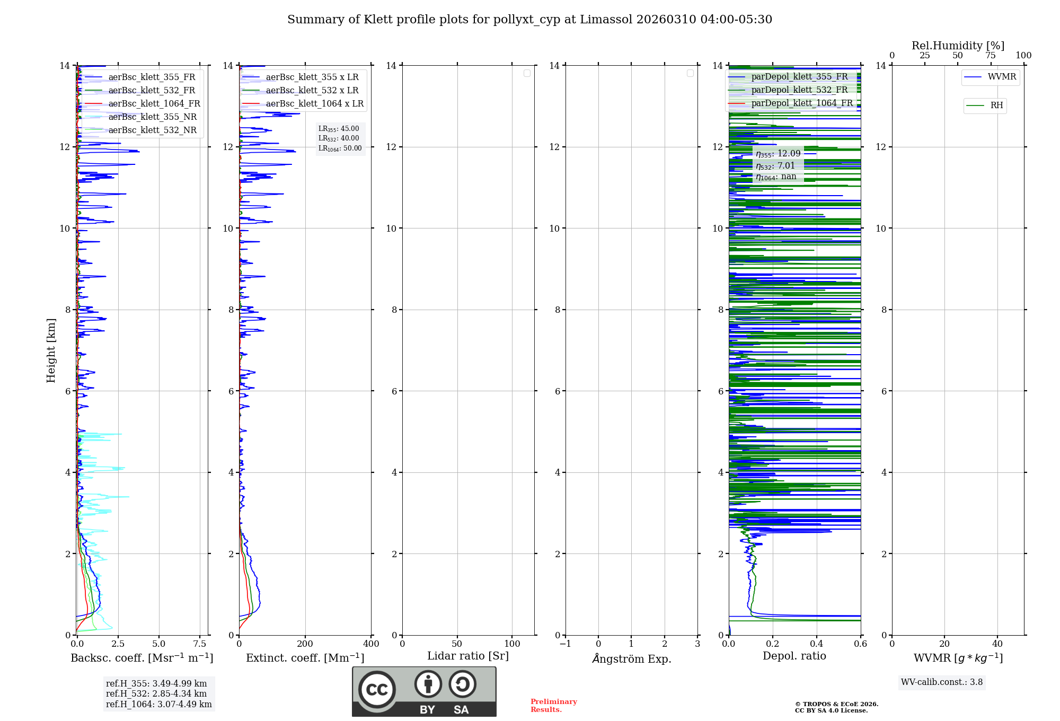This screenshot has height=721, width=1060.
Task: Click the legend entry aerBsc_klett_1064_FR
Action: [154, 104]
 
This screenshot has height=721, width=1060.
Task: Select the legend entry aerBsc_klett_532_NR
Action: [152, 130]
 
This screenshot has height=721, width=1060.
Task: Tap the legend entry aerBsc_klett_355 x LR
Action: [312, 77]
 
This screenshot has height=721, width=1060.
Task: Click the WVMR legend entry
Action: [1001, 77]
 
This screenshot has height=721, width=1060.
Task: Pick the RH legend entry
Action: [996, 105]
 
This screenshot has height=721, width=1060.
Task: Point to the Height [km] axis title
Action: [51, 350]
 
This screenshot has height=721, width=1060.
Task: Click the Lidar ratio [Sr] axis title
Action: [467, 656]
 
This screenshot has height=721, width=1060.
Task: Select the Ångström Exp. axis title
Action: [631, 659]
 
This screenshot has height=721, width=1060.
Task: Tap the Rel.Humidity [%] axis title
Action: [958, 46]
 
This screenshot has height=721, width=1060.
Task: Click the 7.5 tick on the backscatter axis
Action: [200, 644]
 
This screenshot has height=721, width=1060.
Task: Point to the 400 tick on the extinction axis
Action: [371, 644]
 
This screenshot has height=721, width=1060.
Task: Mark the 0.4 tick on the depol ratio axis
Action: [817, 644]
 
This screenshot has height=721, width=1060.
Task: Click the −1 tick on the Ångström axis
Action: [566, 644]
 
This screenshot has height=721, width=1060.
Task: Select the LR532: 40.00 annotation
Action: [339, 138]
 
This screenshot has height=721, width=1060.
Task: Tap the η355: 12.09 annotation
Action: [778, 154]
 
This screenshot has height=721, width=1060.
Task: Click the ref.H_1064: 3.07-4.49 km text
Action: [158, 705]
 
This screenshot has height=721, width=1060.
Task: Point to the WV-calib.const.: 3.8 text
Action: [941, 682]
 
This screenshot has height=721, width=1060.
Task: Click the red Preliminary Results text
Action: [553, 706]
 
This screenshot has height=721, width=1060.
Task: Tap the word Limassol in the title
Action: [606, 20]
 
